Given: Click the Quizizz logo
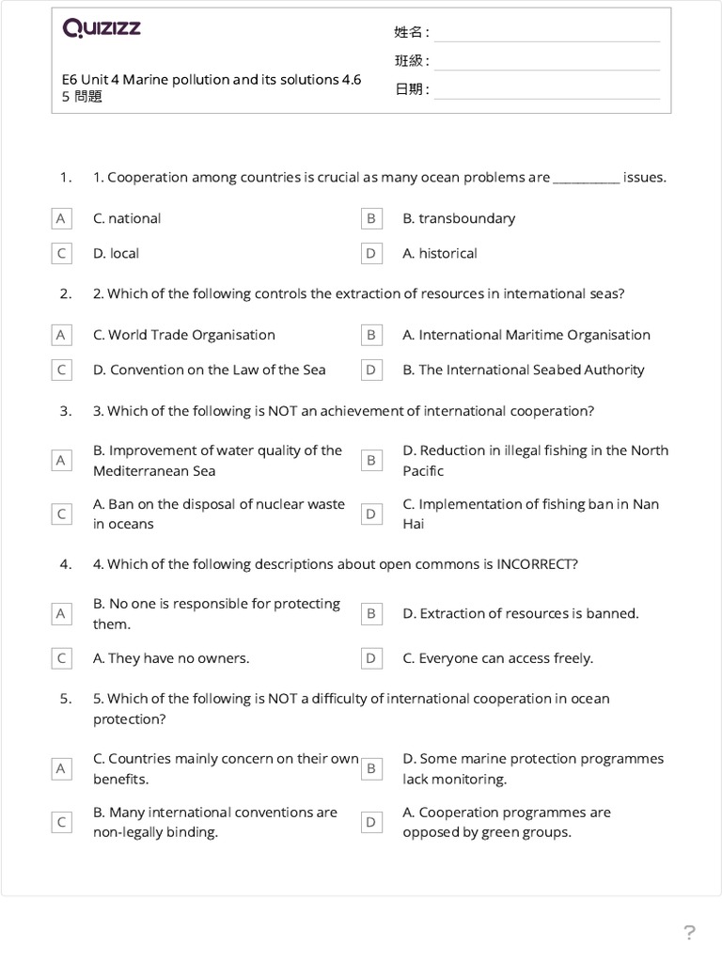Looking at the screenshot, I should point(102,28).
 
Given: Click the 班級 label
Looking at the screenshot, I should point(411,61).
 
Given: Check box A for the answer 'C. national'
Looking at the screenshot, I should point(61,218).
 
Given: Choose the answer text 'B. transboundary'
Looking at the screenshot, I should point(459,218).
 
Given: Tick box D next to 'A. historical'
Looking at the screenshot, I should point(371,253).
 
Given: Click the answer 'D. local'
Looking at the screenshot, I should point(116,253).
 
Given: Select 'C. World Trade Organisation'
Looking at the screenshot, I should point(184,335).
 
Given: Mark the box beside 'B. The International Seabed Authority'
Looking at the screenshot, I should point(371,370).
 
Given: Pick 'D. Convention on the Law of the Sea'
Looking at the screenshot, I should point(209,370).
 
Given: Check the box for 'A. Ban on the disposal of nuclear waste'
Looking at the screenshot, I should point(61,513).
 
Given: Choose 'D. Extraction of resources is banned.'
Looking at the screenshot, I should point(521,613).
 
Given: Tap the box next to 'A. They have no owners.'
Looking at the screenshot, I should point(61,658).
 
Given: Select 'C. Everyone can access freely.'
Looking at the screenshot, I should point(498,658).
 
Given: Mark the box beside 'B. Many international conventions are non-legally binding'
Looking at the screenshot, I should point(61,822).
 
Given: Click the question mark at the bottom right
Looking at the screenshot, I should point(689,933).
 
